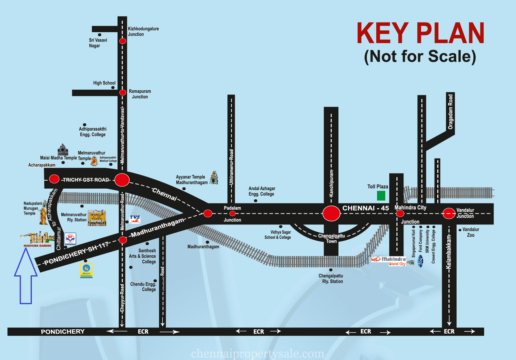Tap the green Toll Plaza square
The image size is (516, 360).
point(381,195)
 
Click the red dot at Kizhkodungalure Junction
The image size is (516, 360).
point(123,41)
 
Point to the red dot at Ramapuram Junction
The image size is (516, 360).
point(123,93)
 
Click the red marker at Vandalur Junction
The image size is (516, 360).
point(449,214)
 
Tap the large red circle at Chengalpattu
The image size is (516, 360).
point(331,213)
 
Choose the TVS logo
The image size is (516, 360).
point(135,219)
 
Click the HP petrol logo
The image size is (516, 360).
point(70,238)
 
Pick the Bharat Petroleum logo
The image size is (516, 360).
point(86,270)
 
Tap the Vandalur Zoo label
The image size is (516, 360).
point(471,232)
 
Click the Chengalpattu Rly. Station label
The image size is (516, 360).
point(331,278)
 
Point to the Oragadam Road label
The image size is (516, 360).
point(451,112)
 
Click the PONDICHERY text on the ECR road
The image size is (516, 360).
point(63,332)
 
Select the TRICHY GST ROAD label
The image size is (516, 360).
point(86,180)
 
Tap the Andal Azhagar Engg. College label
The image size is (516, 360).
point(262,191)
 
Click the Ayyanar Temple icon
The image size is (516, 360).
point(214,177)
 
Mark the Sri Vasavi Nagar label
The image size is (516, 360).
point(98,43)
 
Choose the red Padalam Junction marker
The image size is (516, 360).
point(232,214)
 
